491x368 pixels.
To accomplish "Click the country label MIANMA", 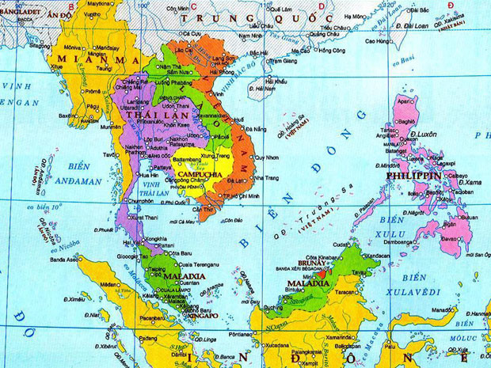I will (78, 59).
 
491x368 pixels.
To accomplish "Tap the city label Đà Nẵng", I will (255, 128).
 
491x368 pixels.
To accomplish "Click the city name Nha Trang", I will (268, 178).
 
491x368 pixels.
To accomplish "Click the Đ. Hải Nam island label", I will (276, 95).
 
